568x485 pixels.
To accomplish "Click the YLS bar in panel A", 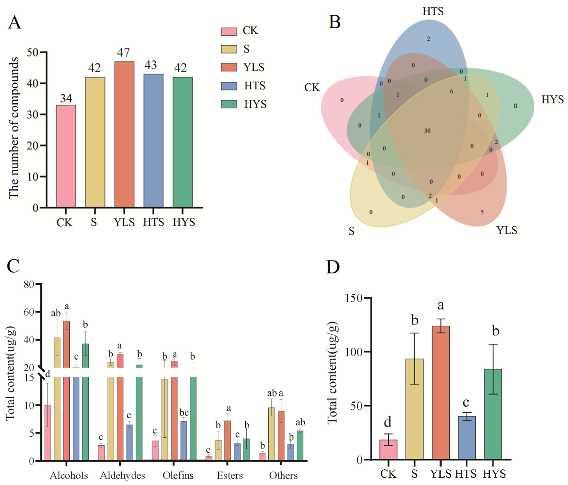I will (x=124, y=134).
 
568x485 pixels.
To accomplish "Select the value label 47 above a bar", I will (x=123, y=52).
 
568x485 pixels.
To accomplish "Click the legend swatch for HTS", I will (x=229, y=86).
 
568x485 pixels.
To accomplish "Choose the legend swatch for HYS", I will (x=229, y=104).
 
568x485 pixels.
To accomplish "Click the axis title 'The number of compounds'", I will (x=13, y=128).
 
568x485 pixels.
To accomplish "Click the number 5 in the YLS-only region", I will (x=482, y=212).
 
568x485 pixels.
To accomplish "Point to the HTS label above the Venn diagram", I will (x=433, y=11).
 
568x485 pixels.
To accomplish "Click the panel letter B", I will (x=335, y=22).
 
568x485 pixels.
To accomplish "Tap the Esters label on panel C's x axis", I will (x=230, y=475).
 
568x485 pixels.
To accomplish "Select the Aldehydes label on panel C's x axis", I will (x=122, y=475).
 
